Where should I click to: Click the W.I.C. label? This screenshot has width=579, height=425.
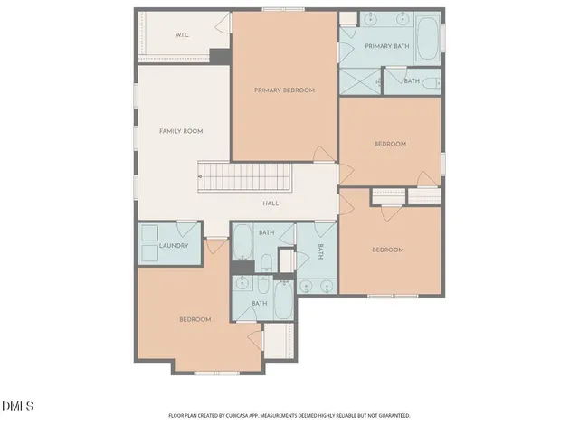[x=181, y=36]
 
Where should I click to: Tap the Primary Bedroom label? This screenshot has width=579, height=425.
[x=284, y=90]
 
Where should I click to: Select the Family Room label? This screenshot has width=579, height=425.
[x=181, y=131]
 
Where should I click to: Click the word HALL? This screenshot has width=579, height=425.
[x=271, y=203]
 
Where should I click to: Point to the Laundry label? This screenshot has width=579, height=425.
[x=172, y=246]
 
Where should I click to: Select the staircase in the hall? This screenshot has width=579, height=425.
[x=243, y=176]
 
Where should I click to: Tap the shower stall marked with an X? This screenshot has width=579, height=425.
[x=359, y=80]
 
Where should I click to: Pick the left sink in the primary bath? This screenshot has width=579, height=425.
[x=371, y=19]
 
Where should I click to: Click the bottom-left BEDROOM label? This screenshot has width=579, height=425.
[x=195, y=319]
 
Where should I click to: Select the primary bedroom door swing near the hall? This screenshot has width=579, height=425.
[x=323, y=155]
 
